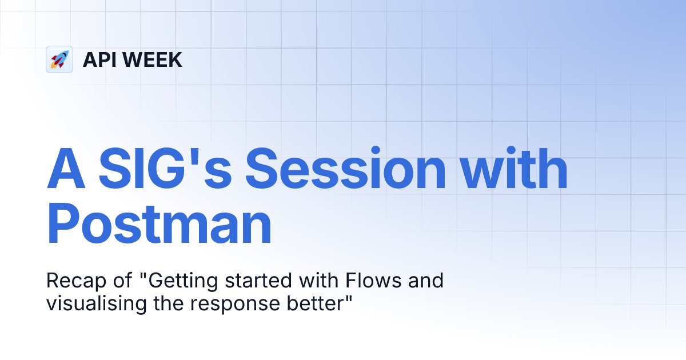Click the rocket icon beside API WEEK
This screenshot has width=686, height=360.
pyautogui.click(x=59, y=59)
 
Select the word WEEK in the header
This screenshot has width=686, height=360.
pyautogui.click(x=153, y=59)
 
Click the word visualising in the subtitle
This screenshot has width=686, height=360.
pyautogui.click(x=91, y=304)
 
